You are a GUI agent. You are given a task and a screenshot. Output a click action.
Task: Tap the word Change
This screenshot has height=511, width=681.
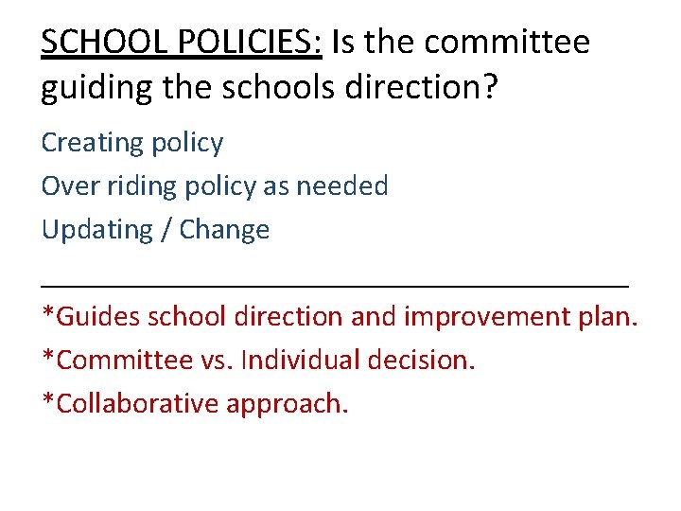(x=224, y=230)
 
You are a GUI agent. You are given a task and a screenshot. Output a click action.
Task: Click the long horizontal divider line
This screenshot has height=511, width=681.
(x=335, y=283)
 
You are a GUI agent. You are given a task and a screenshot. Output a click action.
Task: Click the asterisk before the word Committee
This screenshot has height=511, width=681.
(x=48, y=356)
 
